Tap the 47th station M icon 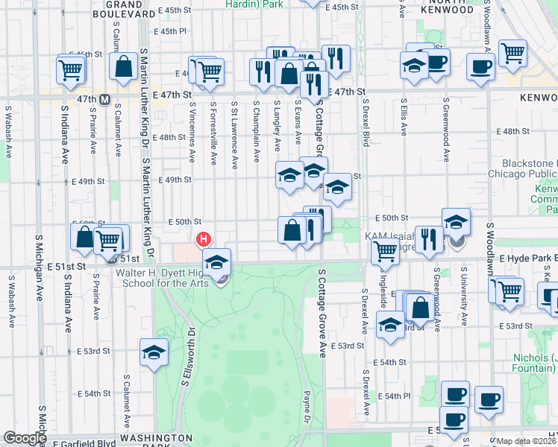105,99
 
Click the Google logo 25,438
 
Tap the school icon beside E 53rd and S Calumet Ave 153,352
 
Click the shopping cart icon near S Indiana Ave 70,71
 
